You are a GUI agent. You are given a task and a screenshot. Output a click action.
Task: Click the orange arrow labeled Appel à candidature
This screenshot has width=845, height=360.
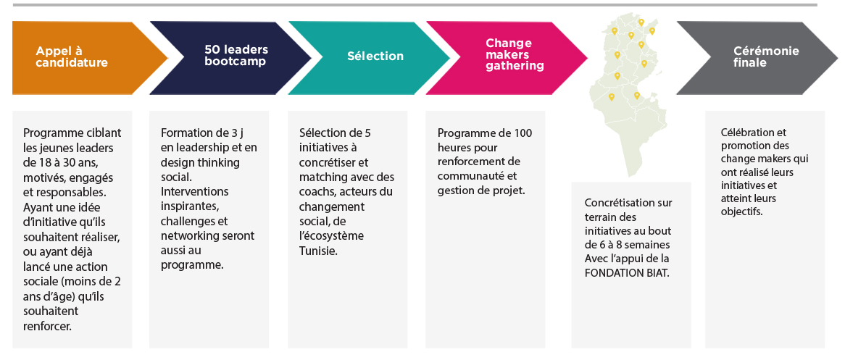point(86,58)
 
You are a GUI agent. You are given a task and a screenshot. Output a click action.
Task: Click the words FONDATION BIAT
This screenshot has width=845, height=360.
point(627,273)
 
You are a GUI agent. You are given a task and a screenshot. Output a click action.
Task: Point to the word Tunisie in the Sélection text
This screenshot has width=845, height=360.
point(318,251)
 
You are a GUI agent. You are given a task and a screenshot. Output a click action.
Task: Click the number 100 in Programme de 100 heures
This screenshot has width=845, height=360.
point(523,133)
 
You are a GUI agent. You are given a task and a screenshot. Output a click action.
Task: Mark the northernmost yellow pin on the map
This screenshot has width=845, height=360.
point(641,22)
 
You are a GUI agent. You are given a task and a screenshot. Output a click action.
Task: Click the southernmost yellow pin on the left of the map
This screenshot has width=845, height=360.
point(611,98)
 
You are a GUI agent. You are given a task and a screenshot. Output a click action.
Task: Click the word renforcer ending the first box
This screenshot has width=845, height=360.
point(47,325)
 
